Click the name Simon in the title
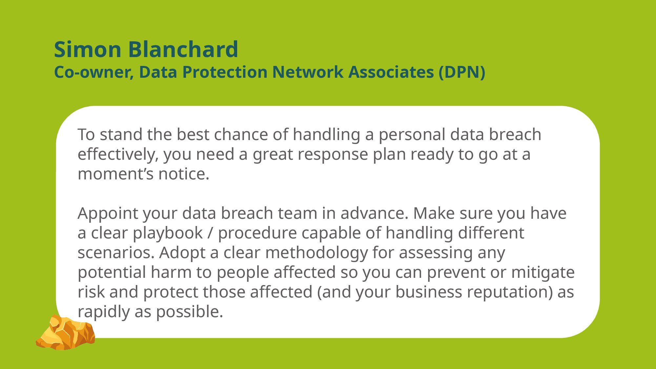tap(88, 50)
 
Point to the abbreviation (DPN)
tap(462, 72)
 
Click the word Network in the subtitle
tap(308, 72)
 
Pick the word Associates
tap(391, 72)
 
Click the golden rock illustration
tap(66, 332)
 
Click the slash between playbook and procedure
tap(210, 233)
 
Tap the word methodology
tap(317, 253)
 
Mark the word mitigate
tap(543, 273)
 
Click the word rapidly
tap(104, 312)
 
